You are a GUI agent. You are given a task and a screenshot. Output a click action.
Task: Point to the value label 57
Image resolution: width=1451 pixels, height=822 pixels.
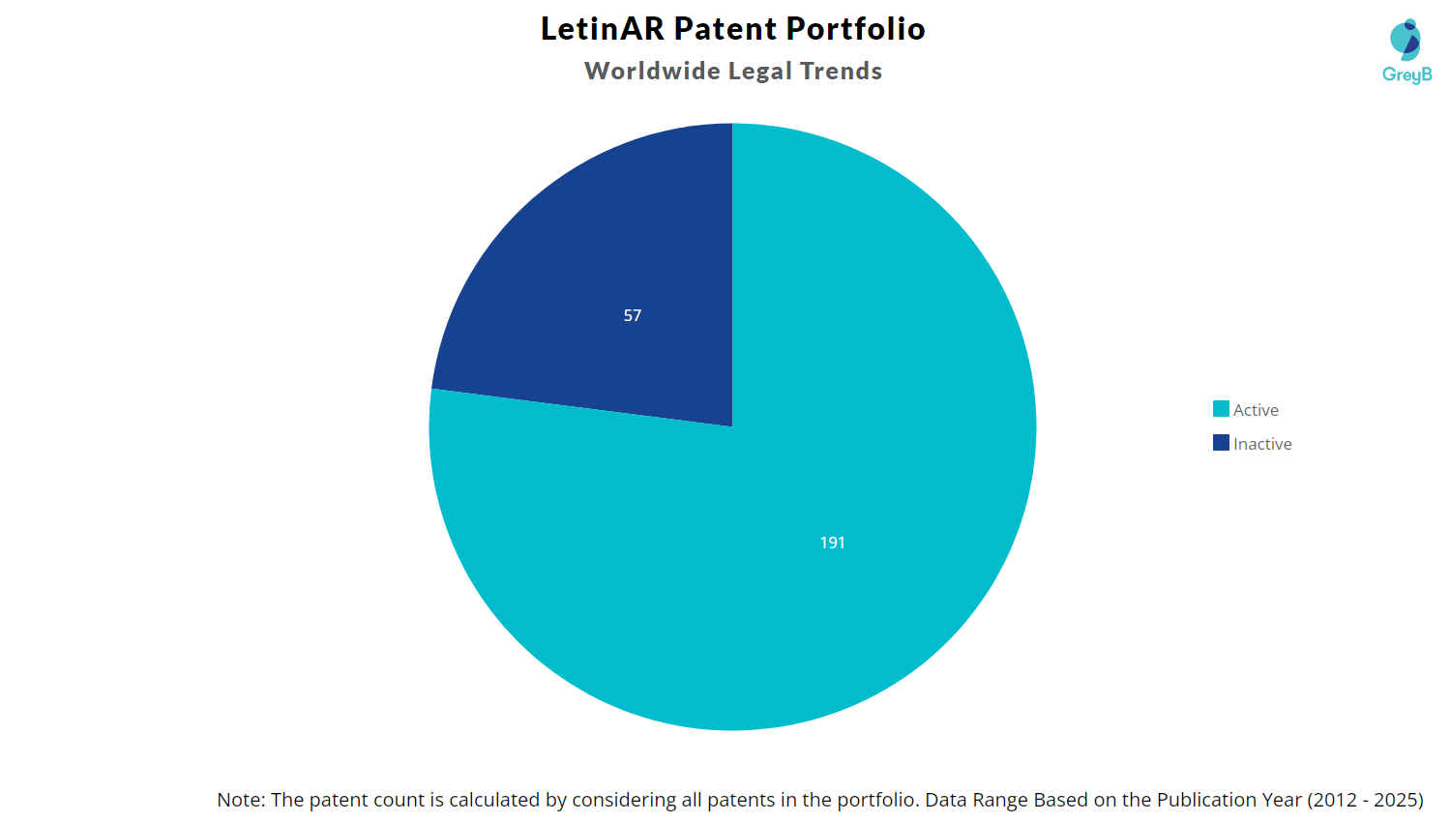pyautogui.click(x=633, y=315)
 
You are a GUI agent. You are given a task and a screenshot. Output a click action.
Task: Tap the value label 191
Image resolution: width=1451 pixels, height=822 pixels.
pyautogui.click(x=832, y=543)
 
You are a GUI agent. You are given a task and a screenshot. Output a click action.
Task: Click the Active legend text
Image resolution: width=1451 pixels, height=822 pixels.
pyautogui.click(x=1256, y=410)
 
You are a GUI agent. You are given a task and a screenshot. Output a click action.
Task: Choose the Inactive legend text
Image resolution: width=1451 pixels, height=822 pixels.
pyautogui.click(x=1262, y=444)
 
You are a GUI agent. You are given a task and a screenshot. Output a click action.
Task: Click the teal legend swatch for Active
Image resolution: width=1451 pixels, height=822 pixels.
pyautogui.click(x=1221, y=409)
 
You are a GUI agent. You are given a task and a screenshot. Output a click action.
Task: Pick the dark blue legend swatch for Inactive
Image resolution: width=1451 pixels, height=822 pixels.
pyautogui.click(x=1221, y=443)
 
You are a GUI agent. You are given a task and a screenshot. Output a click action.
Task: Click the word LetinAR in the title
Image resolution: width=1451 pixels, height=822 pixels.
pyautogui.click(x=602, y=29)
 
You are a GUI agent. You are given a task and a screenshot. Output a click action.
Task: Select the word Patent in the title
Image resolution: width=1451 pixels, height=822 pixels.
pyautogui.click(x=725, y=29)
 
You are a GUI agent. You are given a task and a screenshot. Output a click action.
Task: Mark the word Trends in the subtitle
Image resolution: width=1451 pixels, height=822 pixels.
pyautogui.click(x=841, y=72)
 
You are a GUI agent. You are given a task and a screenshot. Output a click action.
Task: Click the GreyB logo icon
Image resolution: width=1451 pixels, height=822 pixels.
pyautogui.click(x=1406, y=40)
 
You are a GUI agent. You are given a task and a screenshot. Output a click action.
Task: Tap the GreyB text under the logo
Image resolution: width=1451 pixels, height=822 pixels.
pyautogui.click(x=1407, y=74)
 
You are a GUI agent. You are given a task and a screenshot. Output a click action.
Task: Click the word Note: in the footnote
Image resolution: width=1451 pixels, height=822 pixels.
pyautogui.click(x=241, y=800)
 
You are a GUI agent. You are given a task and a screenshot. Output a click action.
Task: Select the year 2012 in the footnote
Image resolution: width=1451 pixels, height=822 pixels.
pyautogui.click(x=1334, y=800)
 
